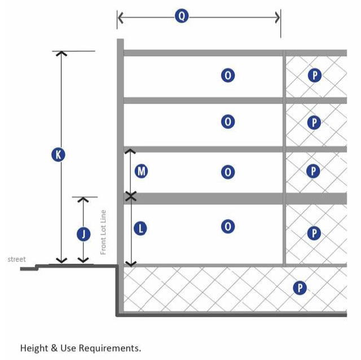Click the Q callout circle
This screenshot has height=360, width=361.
click(x=181, y=16)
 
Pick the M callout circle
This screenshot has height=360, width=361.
click(x=141, y=170)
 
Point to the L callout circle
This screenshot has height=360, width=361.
click(x=141, y=229)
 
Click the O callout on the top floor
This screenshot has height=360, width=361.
click(x=228, y=75)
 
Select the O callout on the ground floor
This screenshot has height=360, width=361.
click(x=228, y=226)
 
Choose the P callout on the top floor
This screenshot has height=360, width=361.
click(x=315, y=75)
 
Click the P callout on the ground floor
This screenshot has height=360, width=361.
click(x=315, y=232)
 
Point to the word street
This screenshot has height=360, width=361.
click(x=16, y=259)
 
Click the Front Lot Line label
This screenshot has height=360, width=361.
click(x=103, y=232)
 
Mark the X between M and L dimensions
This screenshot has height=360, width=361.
click(x=131, y=196)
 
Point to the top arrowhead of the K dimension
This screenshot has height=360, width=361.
click(x=61, y=54)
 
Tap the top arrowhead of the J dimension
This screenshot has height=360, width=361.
click(x=83, y=200)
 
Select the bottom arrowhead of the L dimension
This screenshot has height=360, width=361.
click(x=131, y=262)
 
